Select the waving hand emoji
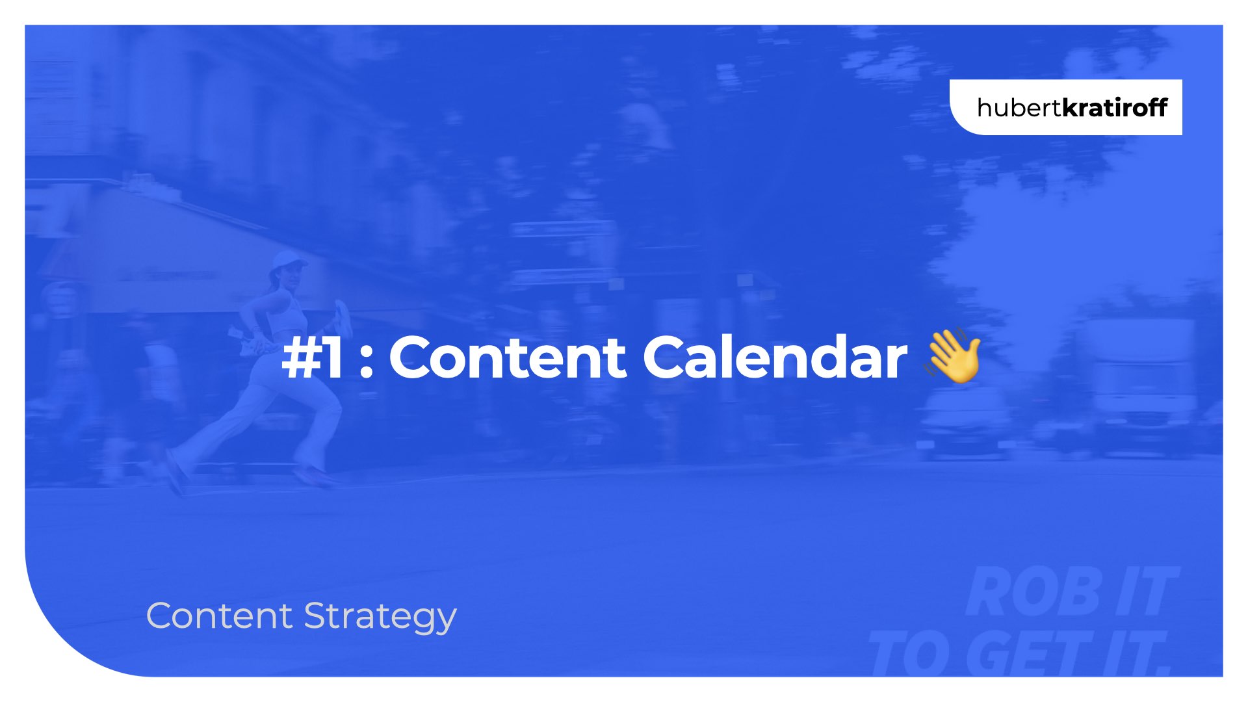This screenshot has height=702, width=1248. pos(953,356)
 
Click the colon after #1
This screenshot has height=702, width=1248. pos(367,363)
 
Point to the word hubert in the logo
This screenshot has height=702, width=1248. pos(1019,107)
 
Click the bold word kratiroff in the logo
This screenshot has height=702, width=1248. pos(1114,107)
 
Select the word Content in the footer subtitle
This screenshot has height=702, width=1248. pos(220,616)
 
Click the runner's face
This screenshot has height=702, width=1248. pos(292,281)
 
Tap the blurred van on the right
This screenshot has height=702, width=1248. pos(1144,383)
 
